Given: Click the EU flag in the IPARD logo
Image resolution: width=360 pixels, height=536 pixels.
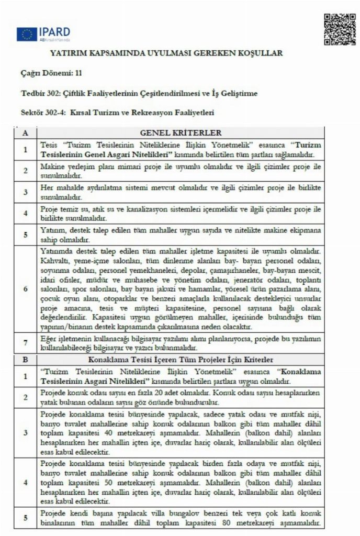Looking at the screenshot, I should [x=26, y=35].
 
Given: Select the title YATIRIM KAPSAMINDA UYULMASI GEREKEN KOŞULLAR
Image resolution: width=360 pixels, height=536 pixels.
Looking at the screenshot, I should [x=166, y=53].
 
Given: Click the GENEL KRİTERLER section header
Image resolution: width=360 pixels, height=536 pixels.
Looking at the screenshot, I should [x=181, y=133].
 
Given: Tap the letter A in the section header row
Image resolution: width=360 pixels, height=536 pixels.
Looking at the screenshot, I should [x=25, y=133].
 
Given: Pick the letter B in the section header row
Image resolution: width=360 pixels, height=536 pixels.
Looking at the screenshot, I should [x=25, y=360].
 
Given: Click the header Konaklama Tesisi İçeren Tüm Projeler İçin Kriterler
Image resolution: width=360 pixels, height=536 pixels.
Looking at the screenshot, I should [x=181, y=360].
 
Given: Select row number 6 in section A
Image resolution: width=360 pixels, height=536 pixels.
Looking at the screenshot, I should [x=25, y=288].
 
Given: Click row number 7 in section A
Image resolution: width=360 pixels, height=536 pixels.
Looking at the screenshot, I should [x=25, y=344].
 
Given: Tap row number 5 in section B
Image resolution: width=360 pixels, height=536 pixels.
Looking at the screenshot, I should [x=25, y=518].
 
